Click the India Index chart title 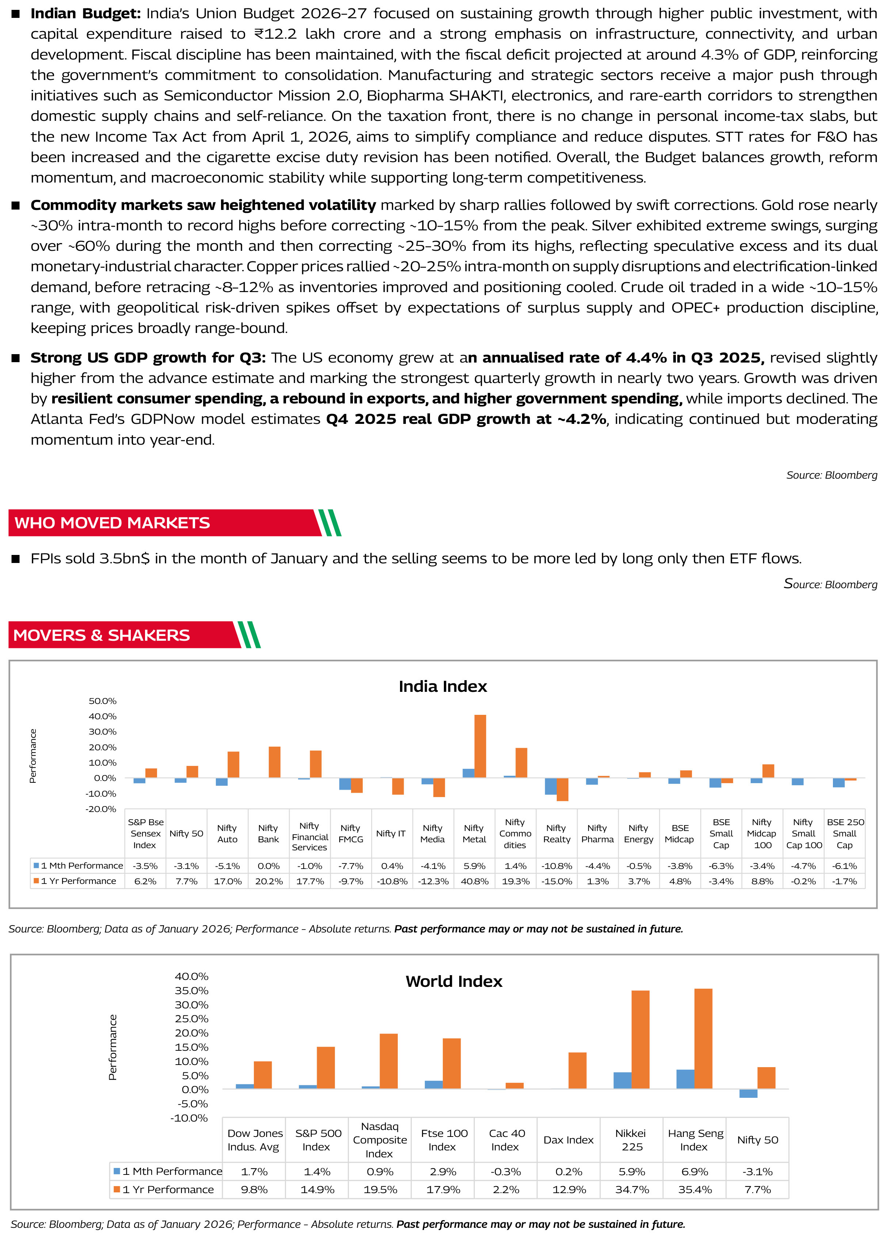(x=442, y=687)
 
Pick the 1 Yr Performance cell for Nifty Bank (x=269, y=881)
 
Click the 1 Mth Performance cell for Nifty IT (x=392, y=866)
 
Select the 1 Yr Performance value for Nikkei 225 (x=632, y=1189)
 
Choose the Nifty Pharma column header (x=597, y=833)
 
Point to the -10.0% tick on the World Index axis (x=189, y=1118)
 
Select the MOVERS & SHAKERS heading (x=102, y=636)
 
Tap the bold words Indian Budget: (x=85, y=14)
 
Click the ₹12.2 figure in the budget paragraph (x=275, y=34)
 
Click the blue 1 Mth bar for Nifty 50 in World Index (x=749, y=1094)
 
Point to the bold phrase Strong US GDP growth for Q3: (x=148, y=357)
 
